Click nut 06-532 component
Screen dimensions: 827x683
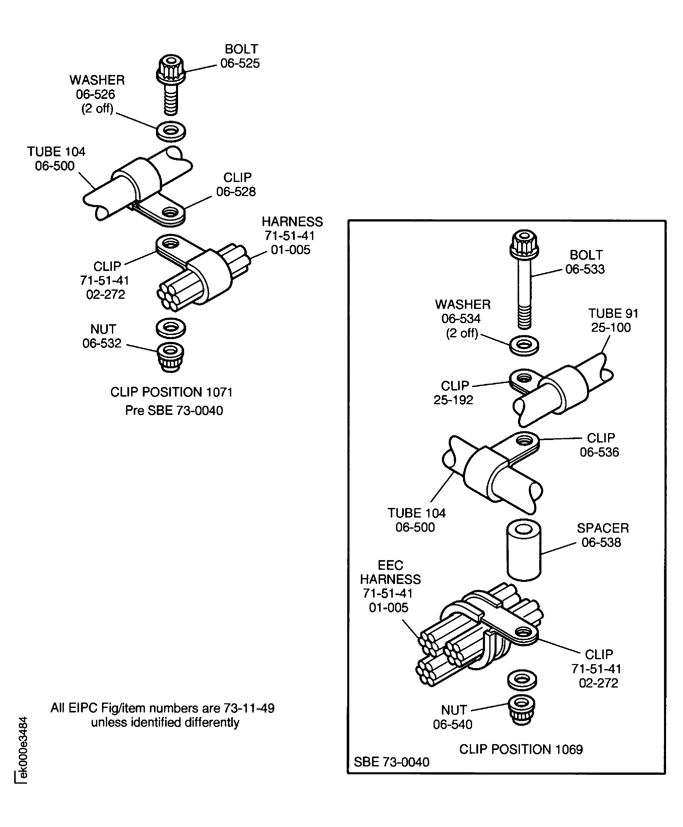pos(170,356)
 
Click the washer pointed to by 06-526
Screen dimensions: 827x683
pos(170,131)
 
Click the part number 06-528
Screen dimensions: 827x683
pos(236,192)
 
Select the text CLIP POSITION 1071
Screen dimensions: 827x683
pos(171,392)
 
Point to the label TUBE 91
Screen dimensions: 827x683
pos(613,314)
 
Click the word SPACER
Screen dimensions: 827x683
pos(602,528)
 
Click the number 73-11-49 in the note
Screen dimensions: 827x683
pos(249,708)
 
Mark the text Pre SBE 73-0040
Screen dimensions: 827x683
pos(174,411)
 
